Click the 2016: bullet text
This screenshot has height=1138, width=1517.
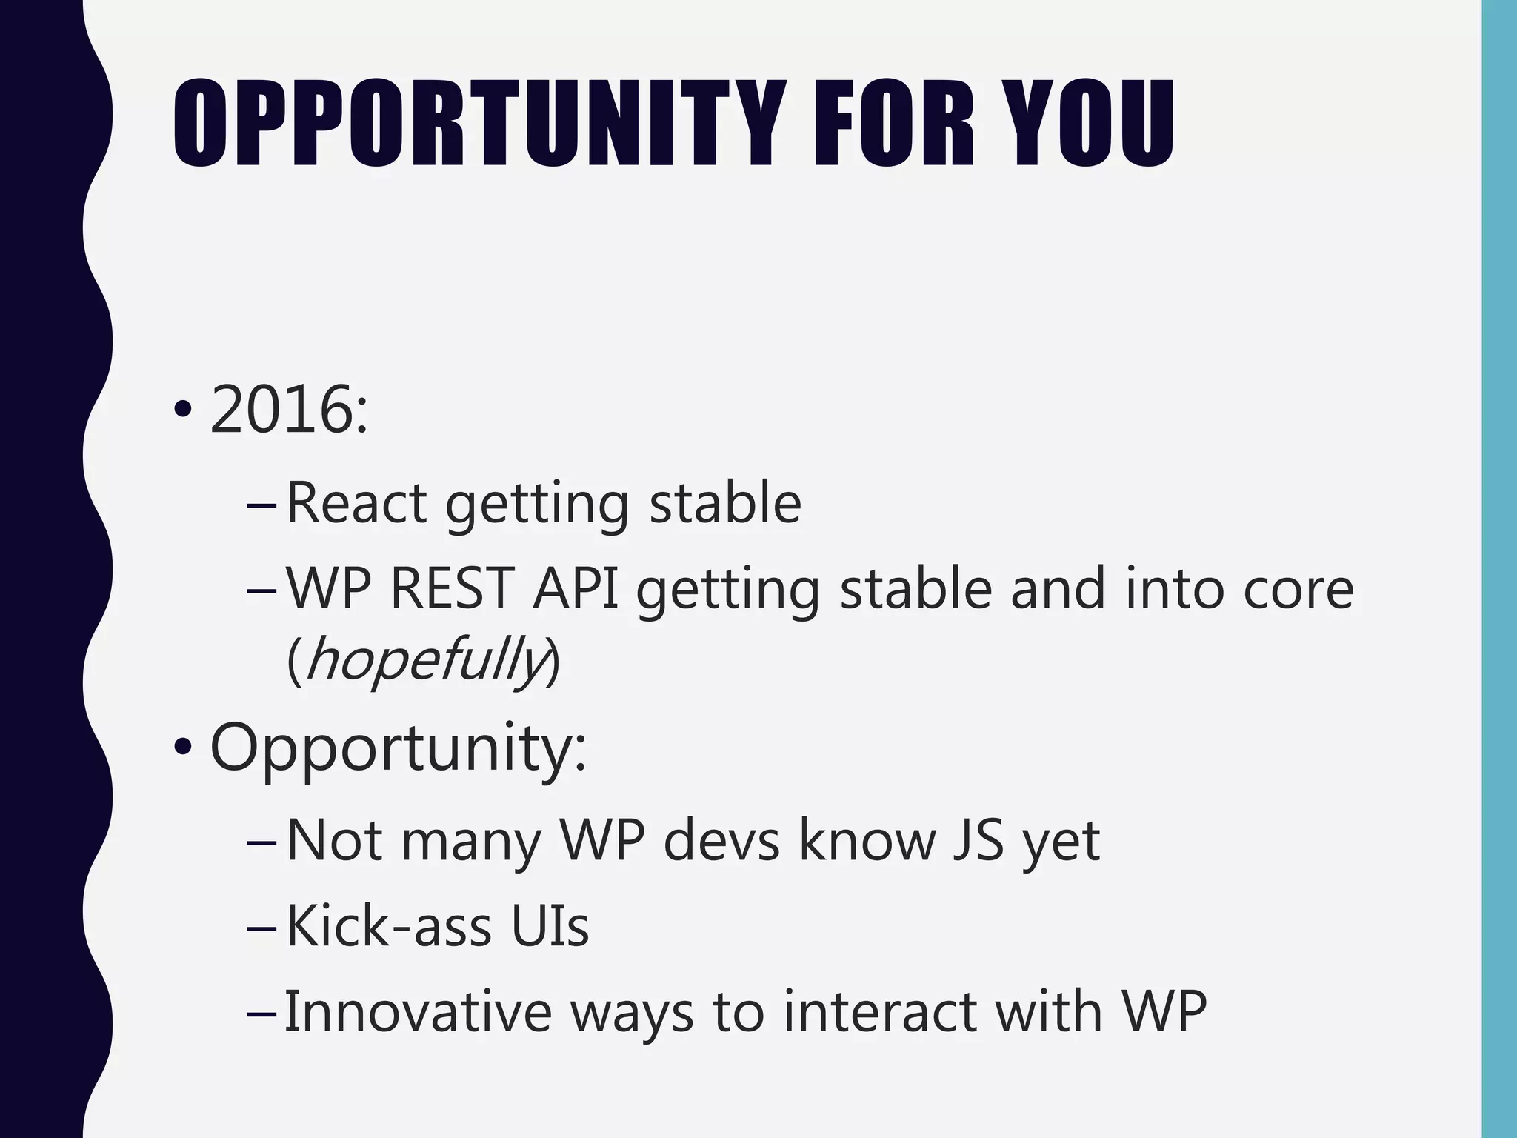[x=289, y=410]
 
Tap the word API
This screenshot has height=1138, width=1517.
[x=576, y=588]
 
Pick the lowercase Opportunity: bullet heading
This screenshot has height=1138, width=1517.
[x=398, y=748]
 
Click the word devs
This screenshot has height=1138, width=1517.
[x=721, y=841]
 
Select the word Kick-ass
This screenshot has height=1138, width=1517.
[x=388, y=926]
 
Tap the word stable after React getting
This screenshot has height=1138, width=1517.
[x=725, y=503]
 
